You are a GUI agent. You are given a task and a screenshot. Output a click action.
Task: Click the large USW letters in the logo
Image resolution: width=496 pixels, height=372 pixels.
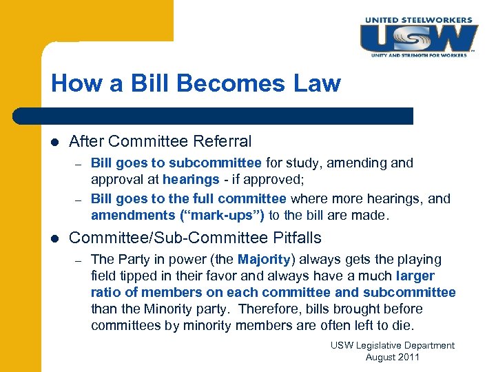pos(417,37)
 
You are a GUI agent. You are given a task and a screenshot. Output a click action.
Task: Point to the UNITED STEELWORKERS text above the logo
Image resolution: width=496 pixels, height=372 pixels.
pos(418,20)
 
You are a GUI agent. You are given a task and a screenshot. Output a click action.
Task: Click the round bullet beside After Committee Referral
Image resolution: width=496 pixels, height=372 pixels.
pos(55,142)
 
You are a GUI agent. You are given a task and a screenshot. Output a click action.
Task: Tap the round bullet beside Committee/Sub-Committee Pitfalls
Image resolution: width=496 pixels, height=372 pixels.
pos(55,238)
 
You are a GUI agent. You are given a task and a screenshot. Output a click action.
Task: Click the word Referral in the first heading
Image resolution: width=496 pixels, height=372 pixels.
pos(222,142)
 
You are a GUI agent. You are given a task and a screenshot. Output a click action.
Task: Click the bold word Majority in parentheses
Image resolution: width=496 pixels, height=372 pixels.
pos(265,260)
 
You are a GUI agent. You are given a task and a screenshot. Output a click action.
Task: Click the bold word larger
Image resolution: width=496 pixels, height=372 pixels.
pos(415,276)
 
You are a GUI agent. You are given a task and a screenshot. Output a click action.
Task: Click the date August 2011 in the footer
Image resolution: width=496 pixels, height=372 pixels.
pos(393,357)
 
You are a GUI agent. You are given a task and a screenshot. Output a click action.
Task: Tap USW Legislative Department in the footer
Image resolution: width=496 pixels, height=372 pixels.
pos(393,345)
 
